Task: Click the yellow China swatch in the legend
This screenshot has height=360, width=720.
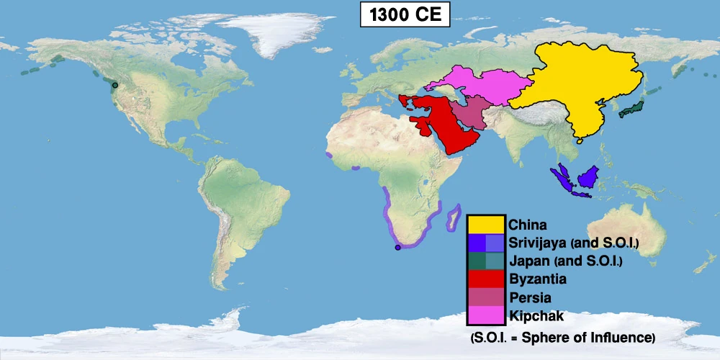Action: [x=486, y=224]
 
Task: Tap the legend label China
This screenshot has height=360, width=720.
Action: [x=528, y=225]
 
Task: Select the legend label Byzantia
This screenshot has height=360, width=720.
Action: [x=536, y=279]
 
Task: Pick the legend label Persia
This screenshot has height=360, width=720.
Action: [x=531, y=297]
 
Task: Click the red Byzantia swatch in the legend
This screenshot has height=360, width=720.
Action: [x=486, y=279]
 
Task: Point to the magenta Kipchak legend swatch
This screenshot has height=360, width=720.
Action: [x=486, y=315]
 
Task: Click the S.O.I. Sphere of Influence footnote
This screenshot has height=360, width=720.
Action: [x=562, y=337]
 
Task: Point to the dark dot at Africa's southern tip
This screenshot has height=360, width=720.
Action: [x=397, y=248]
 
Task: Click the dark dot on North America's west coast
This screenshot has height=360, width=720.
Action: [x=115, y=85]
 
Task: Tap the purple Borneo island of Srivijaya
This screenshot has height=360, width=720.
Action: [x=590, y=177]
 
